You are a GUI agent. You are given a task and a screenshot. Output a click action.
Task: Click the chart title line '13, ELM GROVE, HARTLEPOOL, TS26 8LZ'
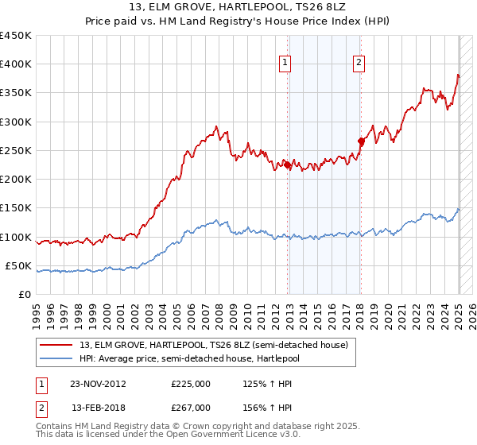coord(238,7)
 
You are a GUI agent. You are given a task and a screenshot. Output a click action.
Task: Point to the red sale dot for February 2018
coord(361,141)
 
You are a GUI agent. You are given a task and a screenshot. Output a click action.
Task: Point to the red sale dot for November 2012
coord(288,165)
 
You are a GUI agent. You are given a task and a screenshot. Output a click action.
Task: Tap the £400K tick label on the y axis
coord(16,64)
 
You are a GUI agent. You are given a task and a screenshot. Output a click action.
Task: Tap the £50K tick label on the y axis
coord(19,266)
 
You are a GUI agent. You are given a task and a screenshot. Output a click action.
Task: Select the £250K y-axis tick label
coord(16,151)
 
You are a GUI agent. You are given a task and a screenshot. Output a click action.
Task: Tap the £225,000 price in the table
coord(191,384)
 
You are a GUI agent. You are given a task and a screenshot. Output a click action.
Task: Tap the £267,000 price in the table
coord(191,408)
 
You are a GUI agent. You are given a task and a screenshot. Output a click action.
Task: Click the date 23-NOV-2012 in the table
coord(99,384)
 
